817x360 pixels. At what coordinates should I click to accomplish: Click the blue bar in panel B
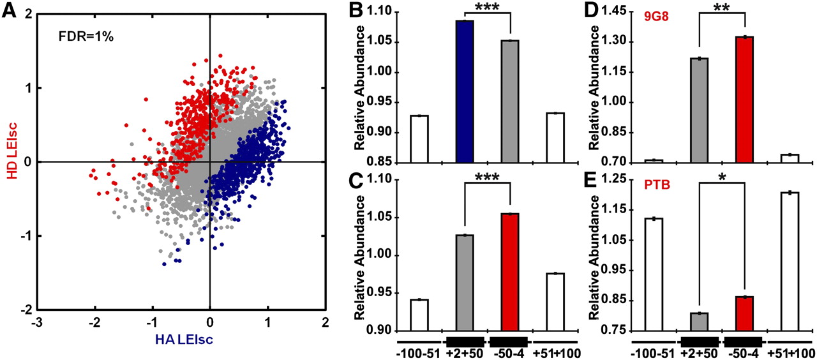(x=465, y=92)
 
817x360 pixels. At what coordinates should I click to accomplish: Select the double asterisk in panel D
(x=723, y=11)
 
